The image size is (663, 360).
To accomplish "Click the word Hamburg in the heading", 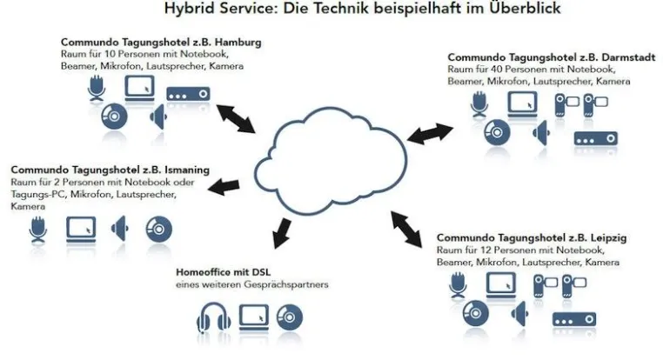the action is (238, 43).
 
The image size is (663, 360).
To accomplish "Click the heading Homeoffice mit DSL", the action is (223, 272).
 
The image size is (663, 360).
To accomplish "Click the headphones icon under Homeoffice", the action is (213, 317).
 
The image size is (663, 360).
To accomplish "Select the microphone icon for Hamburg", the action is (97, 88).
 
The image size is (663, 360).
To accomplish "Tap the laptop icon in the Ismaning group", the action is (81, 230).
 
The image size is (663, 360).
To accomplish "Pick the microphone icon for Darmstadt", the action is (479, 103).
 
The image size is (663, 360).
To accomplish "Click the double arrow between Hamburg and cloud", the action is (236, 119).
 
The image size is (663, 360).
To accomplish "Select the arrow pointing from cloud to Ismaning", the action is (224, 186).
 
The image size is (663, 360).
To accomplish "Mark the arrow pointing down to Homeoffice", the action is (282, 234).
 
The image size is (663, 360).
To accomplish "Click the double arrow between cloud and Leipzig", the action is (406, 229).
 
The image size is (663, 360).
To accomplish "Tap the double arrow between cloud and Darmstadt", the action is (430, 134).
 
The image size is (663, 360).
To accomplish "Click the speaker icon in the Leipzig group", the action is (520, 314).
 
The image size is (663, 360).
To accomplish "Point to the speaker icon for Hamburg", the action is (158, 117).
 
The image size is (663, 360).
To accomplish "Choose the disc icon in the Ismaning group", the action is (159, 230).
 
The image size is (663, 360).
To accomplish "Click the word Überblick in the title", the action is (525, 8).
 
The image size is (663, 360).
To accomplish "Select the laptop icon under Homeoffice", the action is (254, 317).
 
